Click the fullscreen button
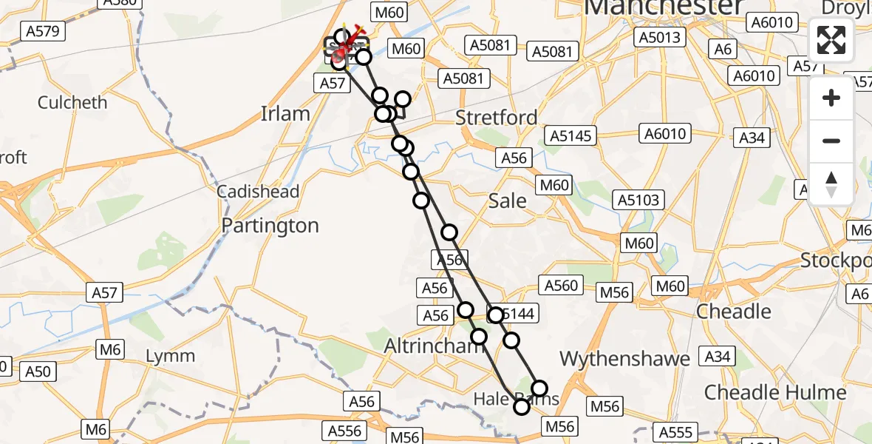point(831,40)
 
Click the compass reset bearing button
point(831,183)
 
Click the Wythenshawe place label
point(624,359)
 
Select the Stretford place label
point(496,118)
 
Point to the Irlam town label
point(285,114)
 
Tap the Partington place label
point(270,226)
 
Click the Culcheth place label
point(72,102)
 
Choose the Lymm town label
point(170,356)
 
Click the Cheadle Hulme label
point(775,391)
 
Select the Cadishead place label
point(258,192)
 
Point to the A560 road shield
point(561,286)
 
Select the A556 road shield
point(344,431)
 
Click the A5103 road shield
point(638,200)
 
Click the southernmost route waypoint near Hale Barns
point(522,406)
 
